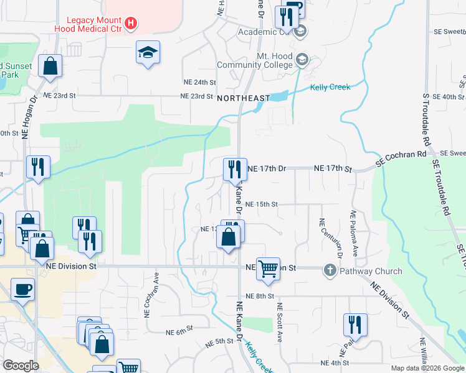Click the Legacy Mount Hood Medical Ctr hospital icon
pos(130,24)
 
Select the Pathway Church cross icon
pos(330,270)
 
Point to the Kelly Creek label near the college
pos(330,87)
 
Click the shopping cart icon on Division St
pos(268,269)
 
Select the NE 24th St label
pos(199,82)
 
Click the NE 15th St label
pos(261,204)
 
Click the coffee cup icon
pos(22,289)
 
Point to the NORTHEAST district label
pos(244,98)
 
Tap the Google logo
pos(20,366)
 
